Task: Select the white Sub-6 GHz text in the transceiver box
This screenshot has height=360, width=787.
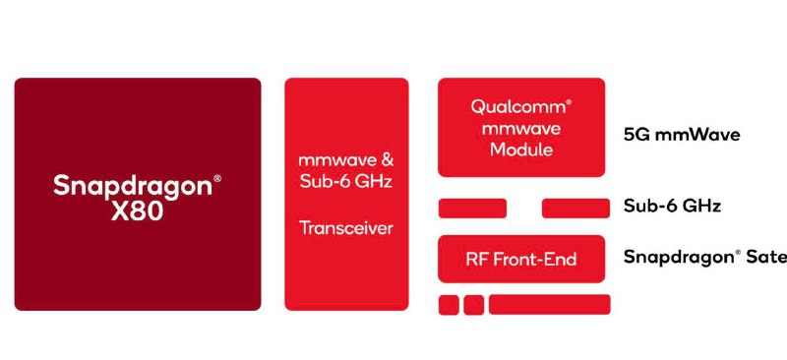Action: tap(345, 182)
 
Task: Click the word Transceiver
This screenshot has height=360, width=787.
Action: tap(345, 228)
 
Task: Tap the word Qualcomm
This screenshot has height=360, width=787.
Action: tap(517, 107)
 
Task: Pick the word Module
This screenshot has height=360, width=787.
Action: tap(521, 150)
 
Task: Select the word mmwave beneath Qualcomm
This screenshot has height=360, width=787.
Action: tap(521, 129)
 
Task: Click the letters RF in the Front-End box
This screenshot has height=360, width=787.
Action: tap(476, 260)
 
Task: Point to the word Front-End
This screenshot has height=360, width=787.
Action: tap(534, 260)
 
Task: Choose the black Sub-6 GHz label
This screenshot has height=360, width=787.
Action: tap(673, 207)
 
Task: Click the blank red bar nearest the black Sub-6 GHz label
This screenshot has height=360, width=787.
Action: tap(575, 208)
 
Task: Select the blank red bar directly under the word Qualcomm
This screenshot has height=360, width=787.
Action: tap(472, 208)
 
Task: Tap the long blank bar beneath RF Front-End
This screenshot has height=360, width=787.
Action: tap(549, 305)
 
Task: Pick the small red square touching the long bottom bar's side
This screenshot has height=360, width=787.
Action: tap(474, 305)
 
